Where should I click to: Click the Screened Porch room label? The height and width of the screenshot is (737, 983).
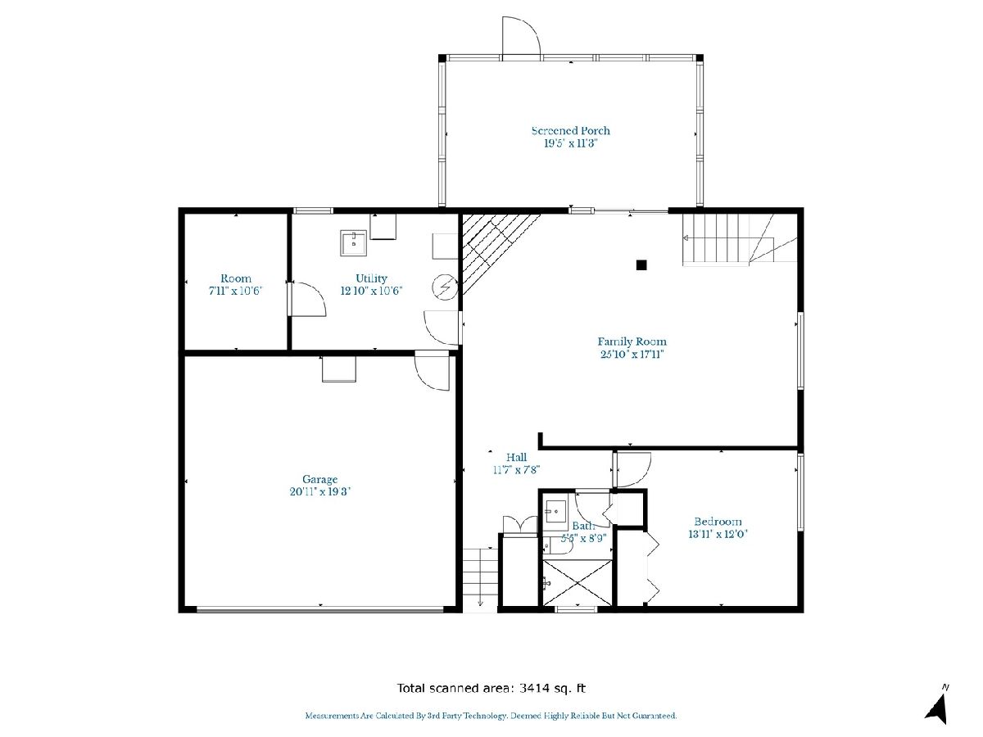coord(570,131)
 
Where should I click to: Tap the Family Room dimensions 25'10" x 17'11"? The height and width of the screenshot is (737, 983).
coord(632,354)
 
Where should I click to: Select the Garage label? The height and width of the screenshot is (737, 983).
coord(319,480)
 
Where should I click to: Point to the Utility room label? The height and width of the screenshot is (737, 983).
coord(371,278)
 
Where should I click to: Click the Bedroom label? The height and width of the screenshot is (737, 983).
coord(718,522)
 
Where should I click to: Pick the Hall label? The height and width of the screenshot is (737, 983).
coord(516,457)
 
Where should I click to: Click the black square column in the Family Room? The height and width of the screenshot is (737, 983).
coord(641,265)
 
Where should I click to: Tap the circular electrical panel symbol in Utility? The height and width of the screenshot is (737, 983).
coord(445,287)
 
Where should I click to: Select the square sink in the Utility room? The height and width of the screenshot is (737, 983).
coord(353,243)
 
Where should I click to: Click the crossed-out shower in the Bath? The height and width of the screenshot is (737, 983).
coord(578,582)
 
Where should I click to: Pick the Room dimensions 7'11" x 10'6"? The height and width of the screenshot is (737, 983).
coord(235,291)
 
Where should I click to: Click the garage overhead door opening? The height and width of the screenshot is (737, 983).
coord(319,609)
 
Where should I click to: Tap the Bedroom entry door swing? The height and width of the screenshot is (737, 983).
coord(632,470)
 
